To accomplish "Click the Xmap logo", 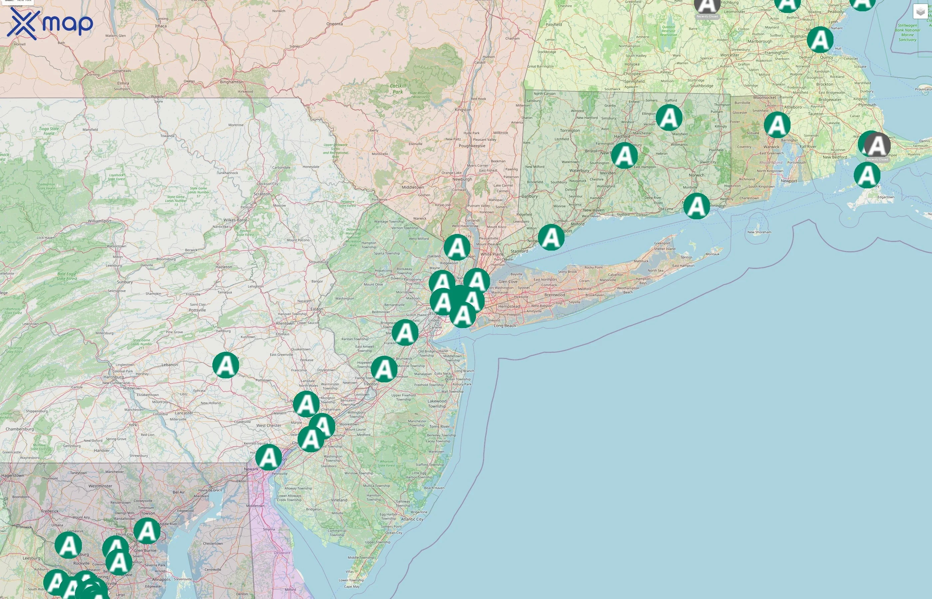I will pos(50,23).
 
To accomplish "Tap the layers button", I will pos(920,12).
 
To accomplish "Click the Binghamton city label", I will pos(231,82).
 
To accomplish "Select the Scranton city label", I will pos(262,194).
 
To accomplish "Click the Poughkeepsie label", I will pos(472,146).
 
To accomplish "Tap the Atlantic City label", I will pos(412,519).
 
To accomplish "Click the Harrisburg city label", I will pos(114,377).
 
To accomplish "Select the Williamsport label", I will pos(100,221).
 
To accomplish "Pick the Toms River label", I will pos(439,427).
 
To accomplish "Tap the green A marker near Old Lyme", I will pos(696,206).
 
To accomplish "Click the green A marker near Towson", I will pos(147,531).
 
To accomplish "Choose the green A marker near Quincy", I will pos(820,40).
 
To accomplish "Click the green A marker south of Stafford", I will pos(669,117).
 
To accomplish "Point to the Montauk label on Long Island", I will pos(712,254).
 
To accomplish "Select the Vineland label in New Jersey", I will pos(339,500).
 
